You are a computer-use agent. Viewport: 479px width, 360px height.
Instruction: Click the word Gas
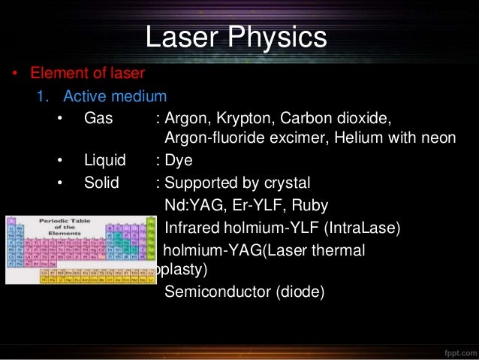[x=97, y=119]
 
